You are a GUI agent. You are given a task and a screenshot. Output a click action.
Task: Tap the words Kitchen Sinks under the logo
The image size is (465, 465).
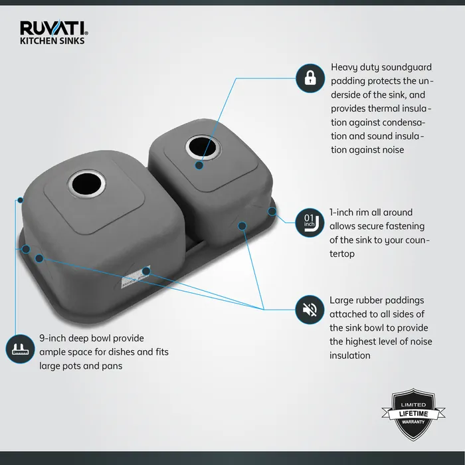coord(52,40)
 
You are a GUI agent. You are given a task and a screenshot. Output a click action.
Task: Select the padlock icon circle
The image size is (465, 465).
coord(310,78)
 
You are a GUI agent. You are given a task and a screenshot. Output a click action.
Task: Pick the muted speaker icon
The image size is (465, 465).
coord(310,309)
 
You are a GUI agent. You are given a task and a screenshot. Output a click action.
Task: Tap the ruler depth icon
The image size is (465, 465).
coord(19,349)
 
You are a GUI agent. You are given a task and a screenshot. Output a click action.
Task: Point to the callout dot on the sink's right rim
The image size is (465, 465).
coord(272,211)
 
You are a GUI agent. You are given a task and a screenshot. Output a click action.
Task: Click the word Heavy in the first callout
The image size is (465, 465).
coord(345,68)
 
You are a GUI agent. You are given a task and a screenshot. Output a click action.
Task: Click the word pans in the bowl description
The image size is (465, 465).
coord(110,365)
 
